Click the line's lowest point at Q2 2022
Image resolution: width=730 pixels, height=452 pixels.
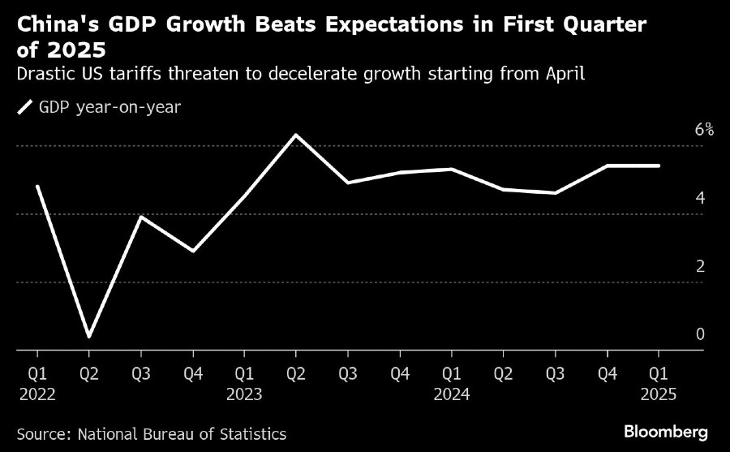tap(89, 336)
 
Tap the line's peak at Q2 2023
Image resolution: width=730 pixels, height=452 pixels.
tap(296, 135)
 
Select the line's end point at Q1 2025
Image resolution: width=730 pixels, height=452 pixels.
tap(659, 166)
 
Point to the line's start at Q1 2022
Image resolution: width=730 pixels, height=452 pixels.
tap(37, 187)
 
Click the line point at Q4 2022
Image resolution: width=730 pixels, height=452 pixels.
tap(193, 251)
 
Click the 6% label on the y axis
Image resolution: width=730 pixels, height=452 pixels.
tap(703, 130)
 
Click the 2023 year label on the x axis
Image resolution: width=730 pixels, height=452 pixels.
tap(244, 394)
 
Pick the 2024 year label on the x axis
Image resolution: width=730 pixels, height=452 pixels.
tap(451, 394)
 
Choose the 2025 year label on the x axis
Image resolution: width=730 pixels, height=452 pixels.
tap(658, 394)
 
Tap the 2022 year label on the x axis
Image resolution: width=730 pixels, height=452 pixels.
tap(37, 394)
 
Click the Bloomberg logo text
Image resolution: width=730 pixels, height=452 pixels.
tap(666, 429)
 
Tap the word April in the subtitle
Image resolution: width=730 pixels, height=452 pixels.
tap(566, 75)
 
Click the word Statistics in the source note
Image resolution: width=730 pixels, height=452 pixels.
tap(249, 434)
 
